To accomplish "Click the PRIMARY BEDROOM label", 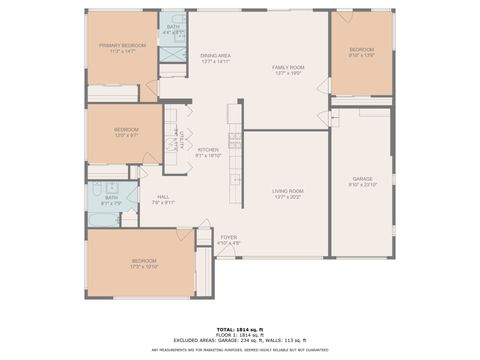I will [121, 46].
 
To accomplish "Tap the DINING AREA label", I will [216, 56].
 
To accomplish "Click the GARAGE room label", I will [361, 179].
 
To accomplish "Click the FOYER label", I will [229, 237].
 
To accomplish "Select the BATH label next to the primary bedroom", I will [174, 27].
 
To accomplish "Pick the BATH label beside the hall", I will [111, 198].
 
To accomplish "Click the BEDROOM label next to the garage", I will [361, 50].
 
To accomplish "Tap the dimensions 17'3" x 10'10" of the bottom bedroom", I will [145, 267].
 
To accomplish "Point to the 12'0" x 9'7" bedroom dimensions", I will [126, 135].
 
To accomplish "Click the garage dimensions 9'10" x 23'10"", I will [361, 185].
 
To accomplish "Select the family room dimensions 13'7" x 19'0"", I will [288, 74].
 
